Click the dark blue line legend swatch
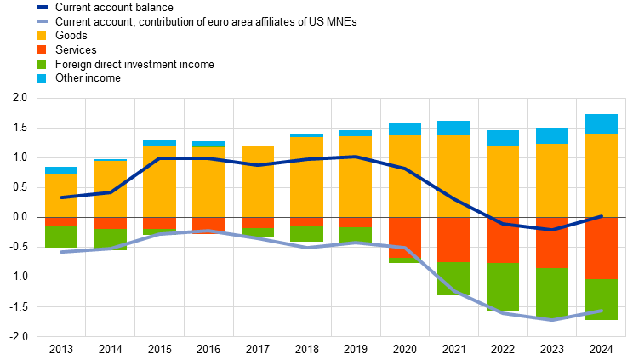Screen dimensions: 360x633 point(42,7)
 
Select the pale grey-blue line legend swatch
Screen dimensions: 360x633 point(42,21)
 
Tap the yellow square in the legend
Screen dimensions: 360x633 point(42,36)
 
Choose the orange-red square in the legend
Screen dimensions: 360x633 point(42,50)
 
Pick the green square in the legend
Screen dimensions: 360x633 point(42,64)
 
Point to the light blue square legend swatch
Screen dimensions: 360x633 point(42,78)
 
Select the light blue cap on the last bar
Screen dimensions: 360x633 point(601,123)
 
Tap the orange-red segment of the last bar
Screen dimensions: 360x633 point(601,248)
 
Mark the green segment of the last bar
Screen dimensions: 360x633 point(601,299)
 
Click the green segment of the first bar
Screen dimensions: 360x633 point(61,237)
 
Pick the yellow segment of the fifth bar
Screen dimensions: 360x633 point(258,181)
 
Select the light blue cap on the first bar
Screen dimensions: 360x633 point(61,170)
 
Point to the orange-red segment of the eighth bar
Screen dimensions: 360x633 point(405,237)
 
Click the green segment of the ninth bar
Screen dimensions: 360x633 point(453,278)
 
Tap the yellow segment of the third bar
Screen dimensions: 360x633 point(159,181)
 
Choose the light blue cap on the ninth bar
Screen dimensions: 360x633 point(453,129)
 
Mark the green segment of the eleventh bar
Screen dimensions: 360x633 point(552,294)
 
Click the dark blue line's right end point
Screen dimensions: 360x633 point(601,216)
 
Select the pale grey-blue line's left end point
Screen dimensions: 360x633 point(61,252)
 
